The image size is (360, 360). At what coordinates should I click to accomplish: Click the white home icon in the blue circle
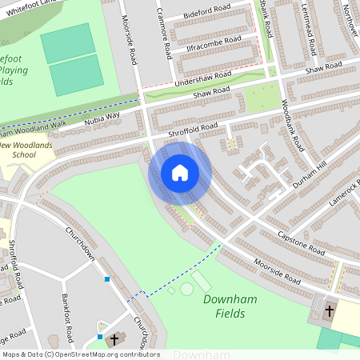179,173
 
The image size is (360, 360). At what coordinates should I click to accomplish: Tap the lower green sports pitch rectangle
77,75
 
